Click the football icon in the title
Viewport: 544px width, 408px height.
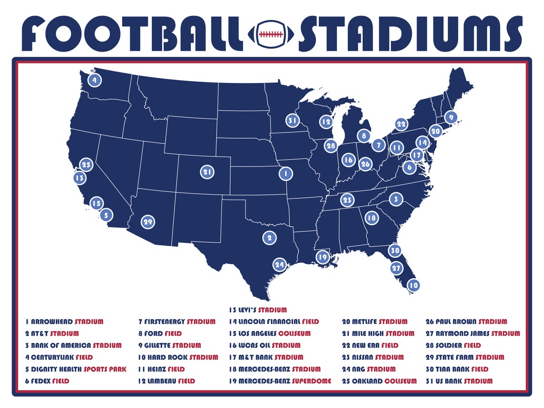pos(271,34)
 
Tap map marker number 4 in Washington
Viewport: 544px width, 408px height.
pos(94,80)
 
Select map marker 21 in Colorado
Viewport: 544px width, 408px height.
pos(207,172)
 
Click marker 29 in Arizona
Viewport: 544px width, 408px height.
pos(147,222)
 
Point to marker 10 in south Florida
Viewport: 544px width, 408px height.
pos(414,285)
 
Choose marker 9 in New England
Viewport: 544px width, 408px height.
pos(450,117)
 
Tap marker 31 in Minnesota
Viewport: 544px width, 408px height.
pos(293,121)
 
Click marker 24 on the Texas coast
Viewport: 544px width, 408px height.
pos(279,264)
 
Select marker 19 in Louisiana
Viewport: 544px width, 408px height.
pos(323,257)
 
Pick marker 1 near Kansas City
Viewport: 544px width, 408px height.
pos(285,174)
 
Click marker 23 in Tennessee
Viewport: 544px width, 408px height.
pos(347,200)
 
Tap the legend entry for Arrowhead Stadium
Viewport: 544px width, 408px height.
pos(64,322)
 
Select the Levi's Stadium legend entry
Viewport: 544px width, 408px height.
pos(258,310)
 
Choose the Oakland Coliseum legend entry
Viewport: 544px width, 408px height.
pos(379,381)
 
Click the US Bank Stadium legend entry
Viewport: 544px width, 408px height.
pos(459,381)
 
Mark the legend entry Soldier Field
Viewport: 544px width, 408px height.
pos(453,345)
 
